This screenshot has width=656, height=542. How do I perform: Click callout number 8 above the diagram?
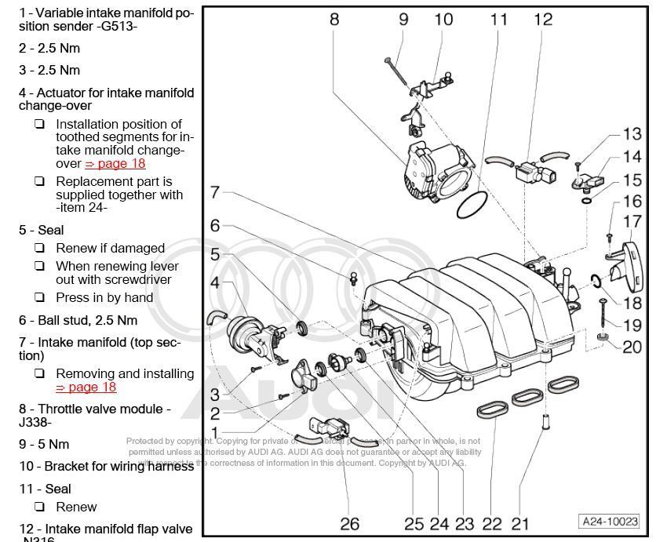click(x=334, y=20)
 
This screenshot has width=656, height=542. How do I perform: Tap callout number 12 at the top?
click(x=543, y=20)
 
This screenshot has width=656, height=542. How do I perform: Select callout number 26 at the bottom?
click(x=349, y=523)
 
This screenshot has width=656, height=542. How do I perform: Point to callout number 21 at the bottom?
click(x=519, y=523)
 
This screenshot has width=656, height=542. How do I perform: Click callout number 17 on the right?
click(x=632, y=222)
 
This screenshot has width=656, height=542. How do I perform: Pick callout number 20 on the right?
click(x=632, y=346)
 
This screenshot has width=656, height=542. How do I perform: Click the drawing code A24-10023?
click(x=610, y=521)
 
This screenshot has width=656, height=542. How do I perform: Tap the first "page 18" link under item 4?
click(x=115, y=164)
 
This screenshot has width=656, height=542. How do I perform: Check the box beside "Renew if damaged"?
click(x=39, y=248)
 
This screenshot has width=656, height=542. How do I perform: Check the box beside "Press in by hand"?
click(x=39, y=297)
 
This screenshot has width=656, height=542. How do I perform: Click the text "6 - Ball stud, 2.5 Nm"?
click(x=78, y=320)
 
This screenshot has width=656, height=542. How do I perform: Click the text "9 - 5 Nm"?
click(x=44, y=444)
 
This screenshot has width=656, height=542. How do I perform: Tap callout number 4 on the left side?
click(x=214, y=282)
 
